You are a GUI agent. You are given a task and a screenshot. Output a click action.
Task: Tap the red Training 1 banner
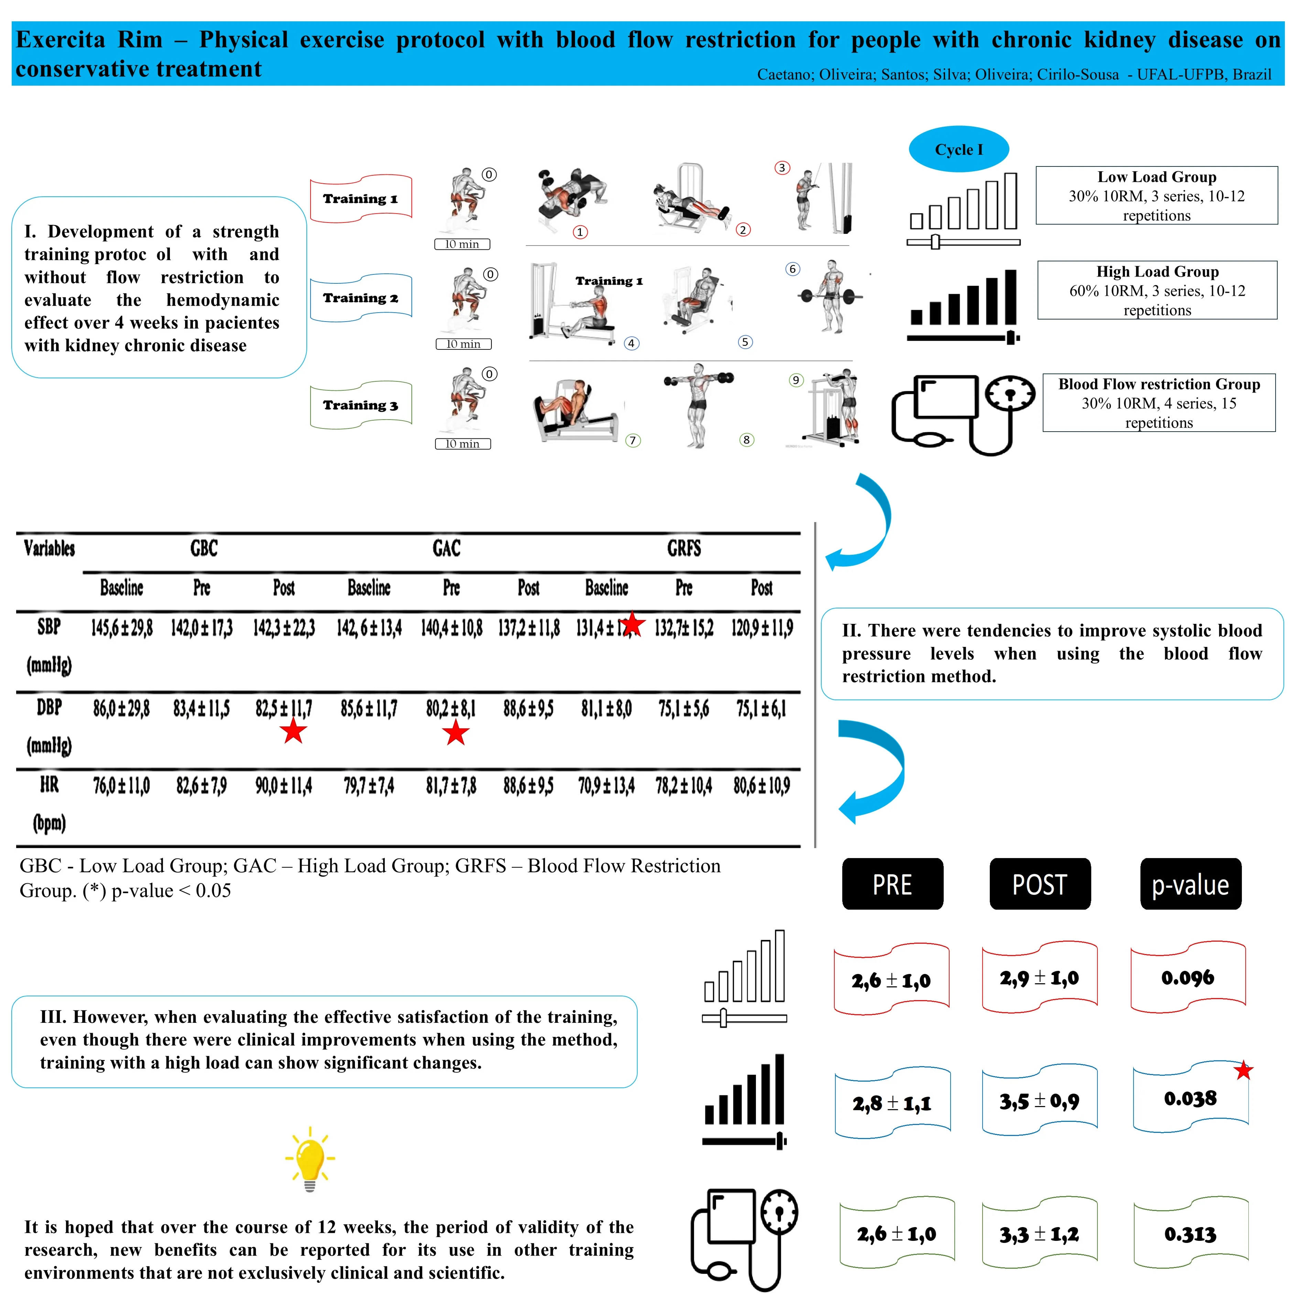(x=361, y=198)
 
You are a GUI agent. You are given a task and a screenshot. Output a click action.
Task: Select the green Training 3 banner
(x=361, y=405)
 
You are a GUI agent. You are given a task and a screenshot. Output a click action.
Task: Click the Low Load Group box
(x=1156, y=196)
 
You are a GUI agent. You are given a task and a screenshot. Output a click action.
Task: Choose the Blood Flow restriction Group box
(x=1159, y=403)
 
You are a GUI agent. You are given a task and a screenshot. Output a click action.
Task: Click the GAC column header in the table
(x=446, y=549)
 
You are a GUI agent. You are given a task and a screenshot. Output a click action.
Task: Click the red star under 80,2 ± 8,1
(x=456, y=733)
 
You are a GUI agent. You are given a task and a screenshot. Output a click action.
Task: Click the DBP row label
(x=49, y=708)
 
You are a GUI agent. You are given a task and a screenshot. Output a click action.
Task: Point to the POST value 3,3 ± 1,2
(x=1039, y=1234)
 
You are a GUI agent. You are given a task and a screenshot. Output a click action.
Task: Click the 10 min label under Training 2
(x=464, y=344)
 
